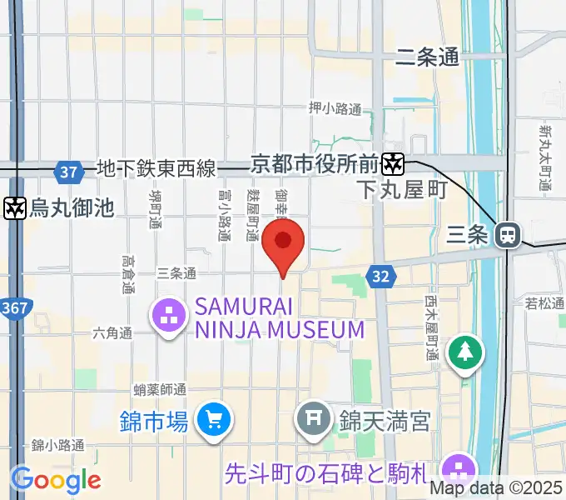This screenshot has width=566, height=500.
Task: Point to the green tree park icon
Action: [x=465, y=352]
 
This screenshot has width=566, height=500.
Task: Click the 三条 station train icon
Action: [x=506, y=235]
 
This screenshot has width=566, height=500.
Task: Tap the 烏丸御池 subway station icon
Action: [x=14, y=207]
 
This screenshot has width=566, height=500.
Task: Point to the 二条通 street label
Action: [x=428, y=57]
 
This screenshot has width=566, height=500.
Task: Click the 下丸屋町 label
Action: [x=402, y=190]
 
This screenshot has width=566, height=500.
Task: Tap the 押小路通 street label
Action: [x=335, y=108]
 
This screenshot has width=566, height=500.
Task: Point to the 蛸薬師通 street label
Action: [x=159, y=389]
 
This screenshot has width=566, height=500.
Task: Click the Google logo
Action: [x=56, y=480]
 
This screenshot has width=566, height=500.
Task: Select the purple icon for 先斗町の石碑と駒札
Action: [x=457, y=467]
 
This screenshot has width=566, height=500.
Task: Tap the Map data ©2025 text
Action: [x=495, y=488]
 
